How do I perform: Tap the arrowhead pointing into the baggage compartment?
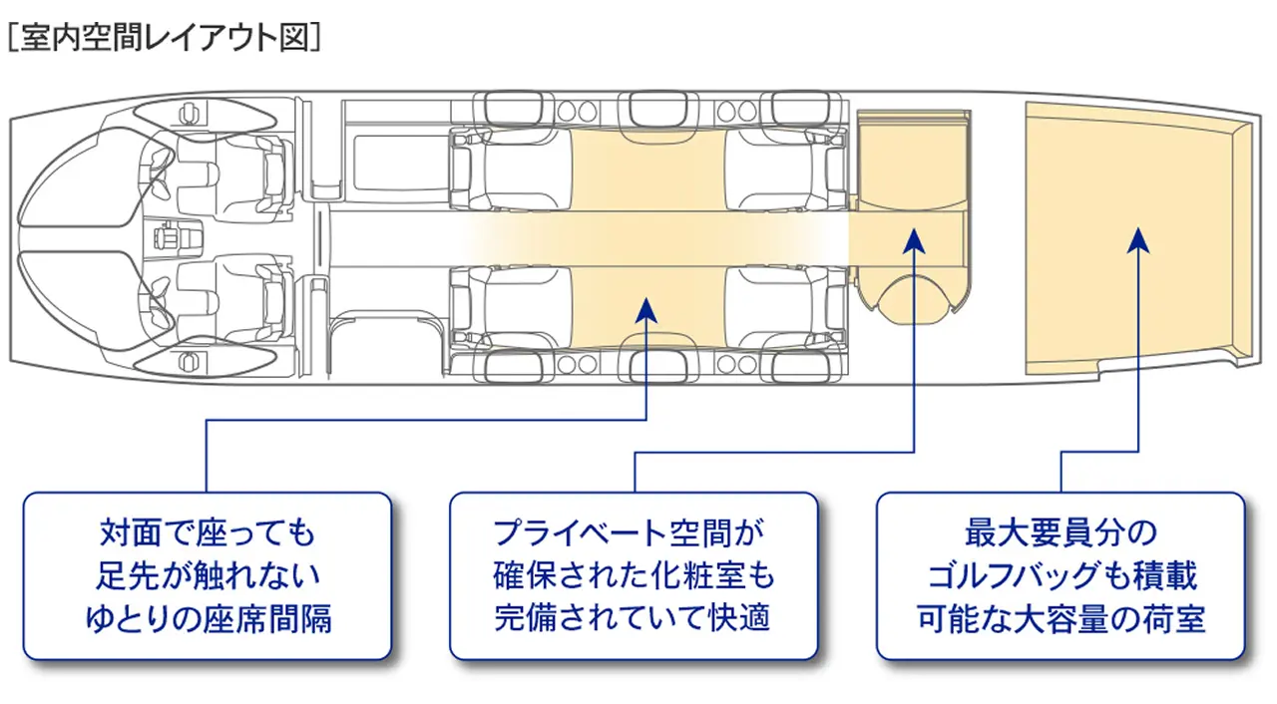click(1139, 240)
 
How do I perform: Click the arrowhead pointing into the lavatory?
click(915, 240)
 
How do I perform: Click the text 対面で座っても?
click(208, 532)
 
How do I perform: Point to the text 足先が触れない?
click(208, 575)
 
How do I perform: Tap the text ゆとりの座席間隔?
click(208, 619)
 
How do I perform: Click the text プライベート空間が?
click(634, 532)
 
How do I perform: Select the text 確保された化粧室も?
click(634, 575)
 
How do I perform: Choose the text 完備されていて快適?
click(634, 619)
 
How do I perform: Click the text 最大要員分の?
click(1061, 532)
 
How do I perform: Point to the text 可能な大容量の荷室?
click(1061, 619)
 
